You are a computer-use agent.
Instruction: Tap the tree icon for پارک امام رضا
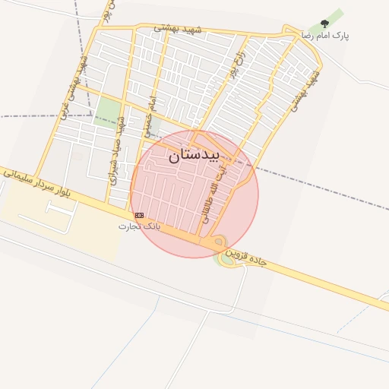tap(325, 25)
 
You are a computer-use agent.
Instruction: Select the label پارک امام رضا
tap(325, 36)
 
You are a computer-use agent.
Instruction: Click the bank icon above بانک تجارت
tap(139, 217)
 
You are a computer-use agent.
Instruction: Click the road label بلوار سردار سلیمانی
tap(47, 187)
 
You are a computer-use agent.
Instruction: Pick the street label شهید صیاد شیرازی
tap(116, 156)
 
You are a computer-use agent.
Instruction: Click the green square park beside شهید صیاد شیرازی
tap(108, 111)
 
